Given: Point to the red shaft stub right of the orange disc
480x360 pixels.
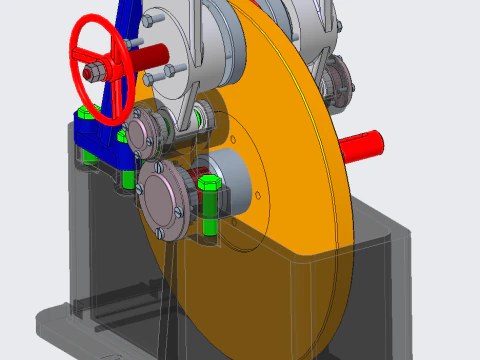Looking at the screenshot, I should (x=365, y=147).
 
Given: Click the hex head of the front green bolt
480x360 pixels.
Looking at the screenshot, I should (x=210, y=184).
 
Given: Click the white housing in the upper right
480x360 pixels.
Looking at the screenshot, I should (x=300, y=25).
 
